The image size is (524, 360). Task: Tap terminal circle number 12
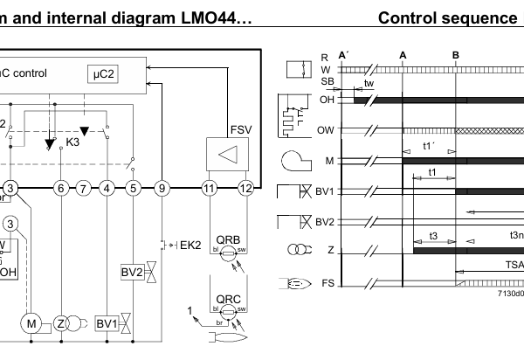click(247, 188)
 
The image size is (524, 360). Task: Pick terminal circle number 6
click(59, 188)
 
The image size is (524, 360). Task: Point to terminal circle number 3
click(10, 188)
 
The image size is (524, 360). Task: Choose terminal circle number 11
click(209, 188)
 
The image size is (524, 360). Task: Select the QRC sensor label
click(228, 299)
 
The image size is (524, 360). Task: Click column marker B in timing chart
click(456, 53)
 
